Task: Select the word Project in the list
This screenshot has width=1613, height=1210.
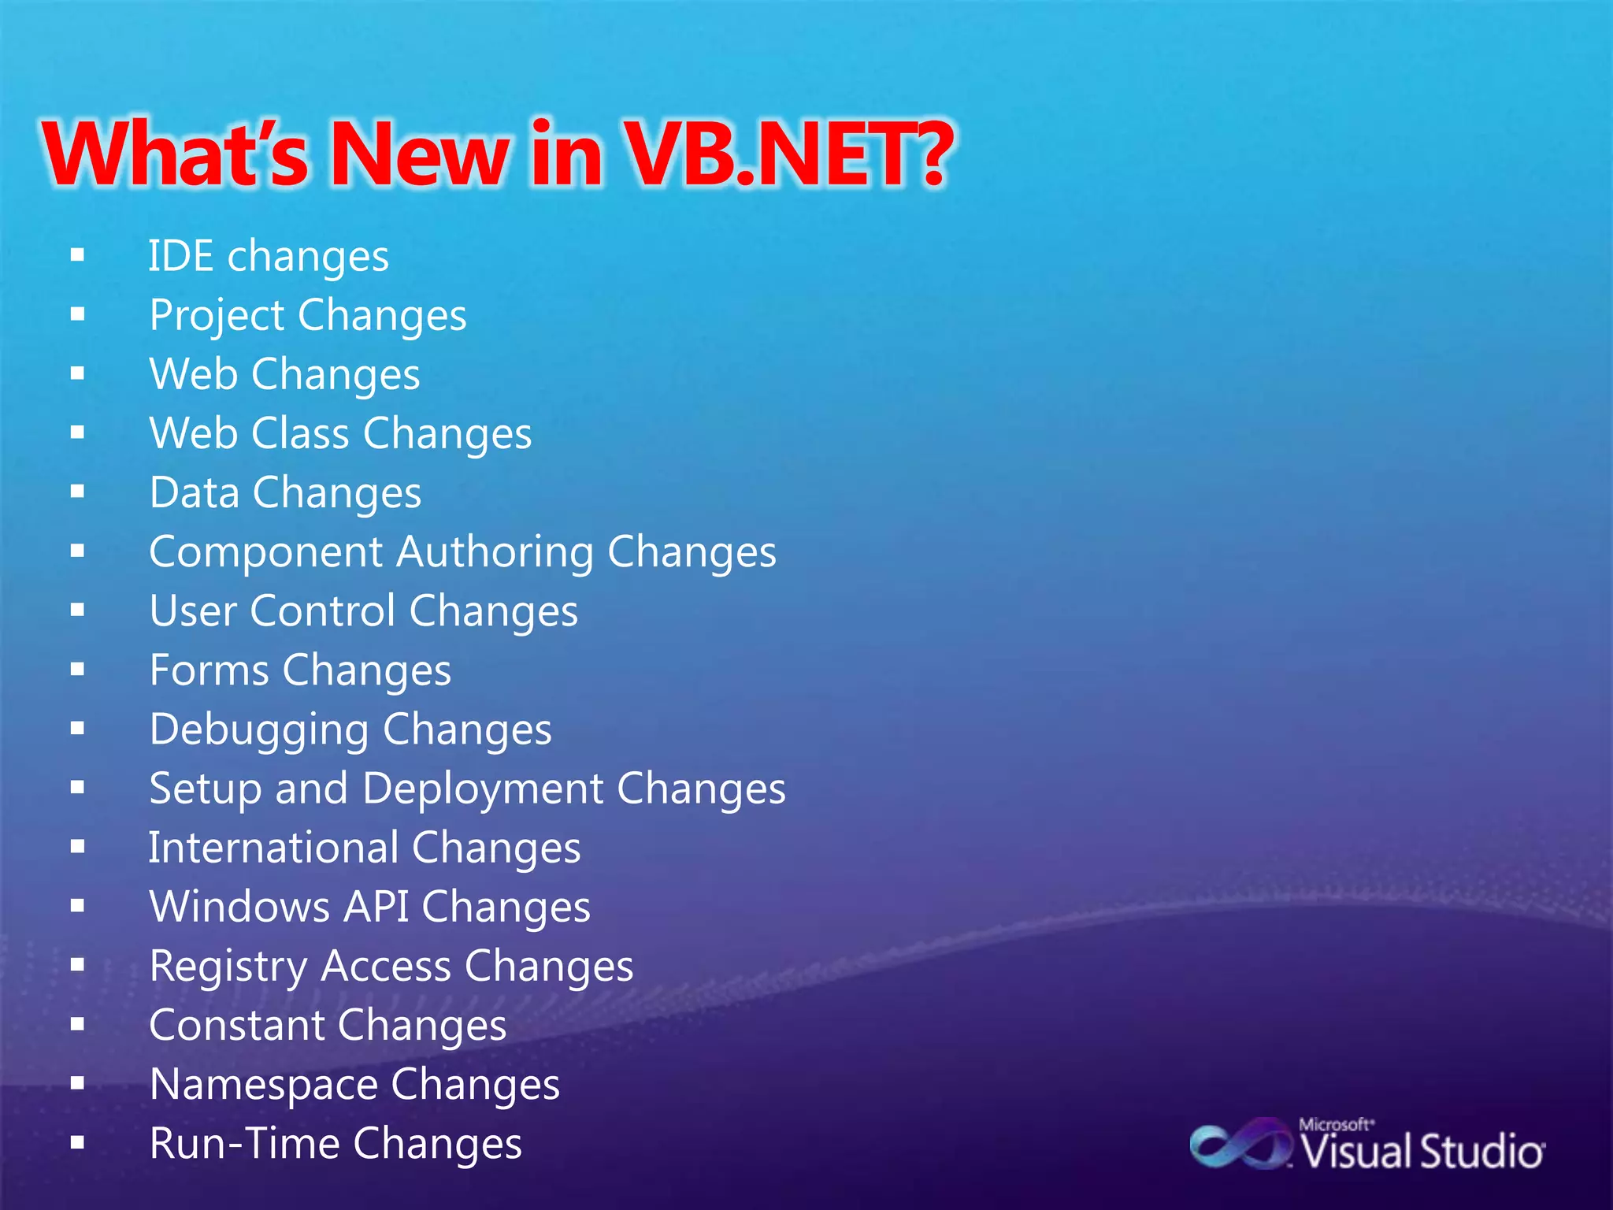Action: (217, 317)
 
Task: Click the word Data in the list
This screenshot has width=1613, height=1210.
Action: (195, 492)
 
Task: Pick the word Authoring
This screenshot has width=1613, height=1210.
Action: (495, 551)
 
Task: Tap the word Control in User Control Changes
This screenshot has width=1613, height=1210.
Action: (323, 611)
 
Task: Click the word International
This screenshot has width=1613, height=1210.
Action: (273, 848)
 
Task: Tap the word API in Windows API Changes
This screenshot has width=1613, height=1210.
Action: (376, 907)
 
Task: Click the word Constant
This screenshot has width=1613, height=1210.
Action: (237, 1025)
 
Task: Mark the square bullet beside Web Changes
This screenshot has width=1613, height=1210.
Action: (77, 373)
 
